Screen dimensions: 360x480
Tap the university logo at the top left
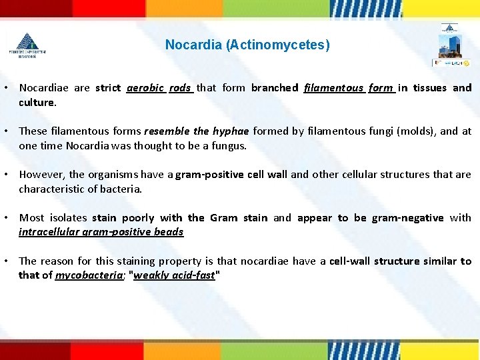(x=27, y=45)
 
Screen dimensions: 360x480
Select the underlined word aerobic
(x=145, y=88)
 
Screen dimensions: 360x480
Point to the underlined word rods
(x=180, y=88)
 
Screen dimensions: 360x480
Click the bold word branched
(x=275, y=88)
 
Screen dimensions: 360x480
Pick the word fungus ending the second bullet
(x=229, y=146)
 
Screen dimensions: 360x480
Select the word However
(x=41, y=175)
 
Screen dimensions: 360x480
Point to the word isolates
(x=69, y=218)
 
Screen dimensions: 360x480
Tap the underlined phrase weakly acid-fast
(x=174, y=275)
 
